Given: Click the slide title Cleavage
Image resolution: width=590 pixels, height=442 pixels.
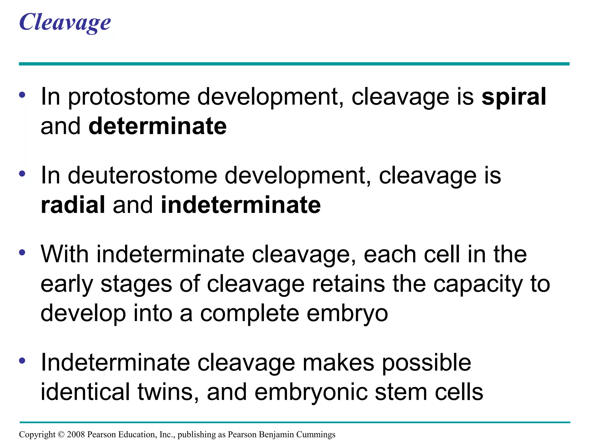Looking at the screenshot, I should [x=65, y=22].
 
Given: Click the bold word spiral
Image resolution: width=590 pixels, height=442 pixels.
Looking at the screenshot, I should [x=514, y=97].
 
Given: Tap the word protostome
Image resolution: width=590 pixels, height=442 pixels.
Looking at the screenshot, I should [x=129, y=97].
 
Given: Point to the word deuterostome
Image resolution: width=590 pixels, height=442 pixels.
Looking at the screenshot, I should [x=142, y=176].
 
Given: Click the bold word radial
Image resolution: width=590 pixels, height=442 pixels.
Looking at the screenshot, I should [x=73, y=205].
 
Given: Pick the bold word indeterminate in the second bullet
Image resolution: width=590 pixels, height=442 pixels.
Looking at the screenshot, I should [x=241, y=205].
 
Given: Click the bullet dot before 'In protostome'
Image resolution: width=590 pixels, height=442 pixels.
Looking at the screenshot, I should [x=22, y=95].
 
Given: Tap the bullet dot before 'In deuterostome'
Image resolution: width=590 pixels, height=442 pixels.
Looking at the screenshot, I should [x=22, y=174].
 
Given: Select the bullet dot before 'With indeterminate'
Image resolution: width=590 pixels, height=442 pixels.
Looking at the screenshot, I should [x=22, y=253].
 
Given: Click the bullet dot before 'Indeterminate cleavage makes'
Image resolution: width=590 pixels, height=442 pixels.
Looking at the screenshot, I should [x=22, y=361].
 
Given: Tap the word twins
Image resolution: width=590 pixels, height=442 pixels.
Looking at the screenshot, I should [x=168, y=392].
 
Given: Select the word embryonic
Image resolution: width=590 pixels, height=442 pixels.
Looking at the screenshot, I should [x=311, y=393].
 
